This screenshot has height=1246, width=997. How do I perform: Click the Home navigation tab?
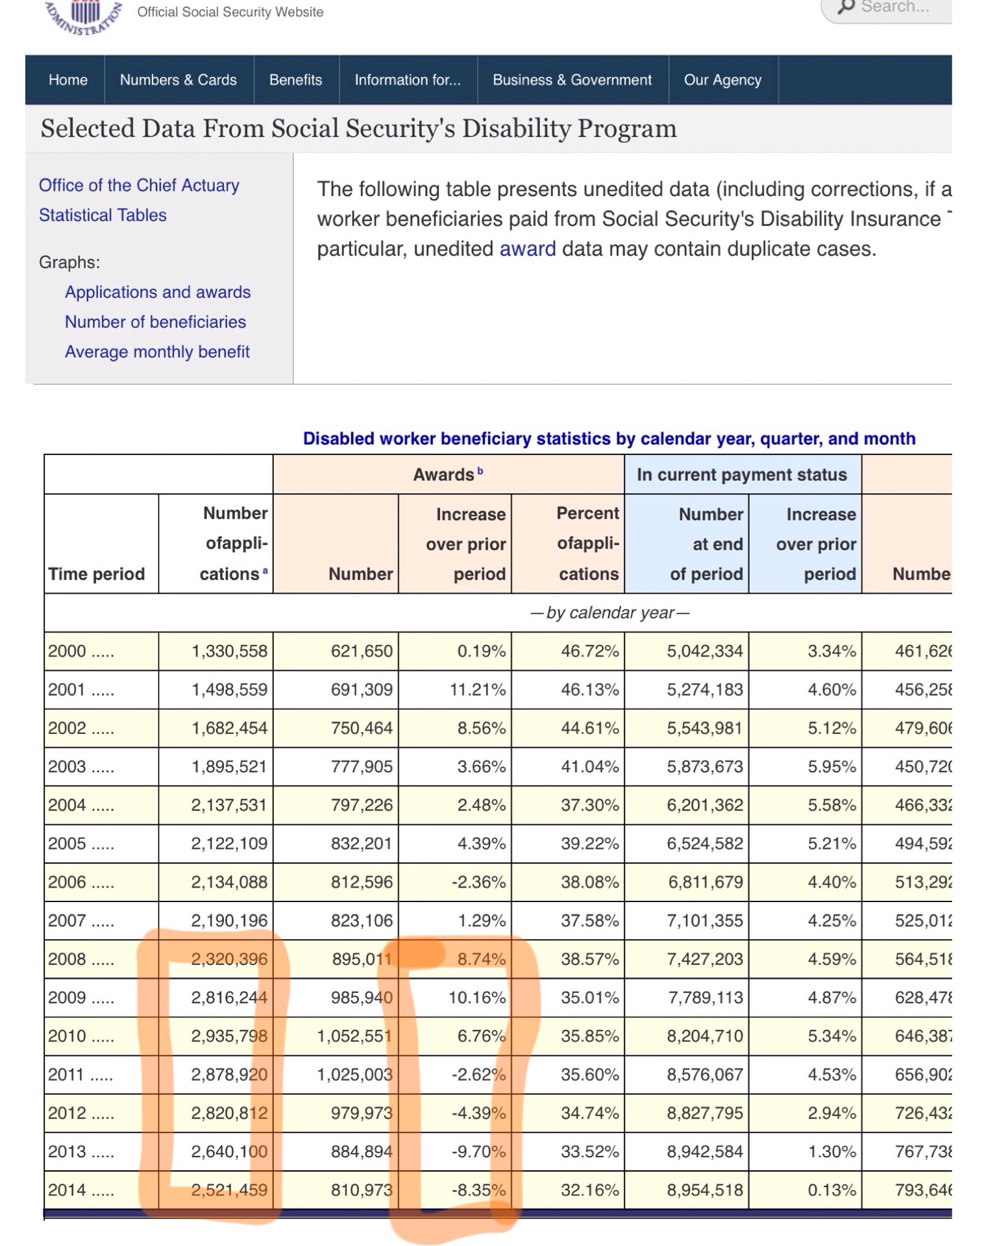click(x=68, y=80)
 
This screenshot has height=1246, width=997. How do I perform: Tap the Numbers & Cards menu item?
click(x=178, y=80)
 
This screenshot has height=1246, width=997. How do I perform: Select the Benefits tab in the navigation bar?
click(x=295, y=80)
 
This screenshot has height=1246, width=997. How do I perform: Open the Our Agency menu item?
click(x=722, y=80)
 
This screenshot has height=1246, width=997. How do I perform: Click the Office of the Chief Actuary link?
click(x=139, y=186)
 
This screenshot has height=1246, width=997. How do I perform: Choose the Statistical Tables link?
click(x=103, y=215)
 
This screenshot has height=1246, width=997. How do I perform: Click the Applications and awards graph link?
click(x=158, y=292)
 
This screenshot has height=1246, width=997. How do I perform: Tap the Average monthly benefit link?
click(x=157, y=352)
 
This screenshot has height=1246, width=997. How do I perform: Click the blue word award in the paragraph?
click(x=527, y=249)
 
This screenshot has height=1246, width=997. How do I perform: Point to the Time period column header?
click(x=96, y=574)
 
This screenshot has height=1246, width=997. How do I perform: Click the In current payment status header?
click(x=741, y=475)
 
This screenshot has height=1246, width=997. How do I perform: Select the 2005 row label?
click(x=67, y=844)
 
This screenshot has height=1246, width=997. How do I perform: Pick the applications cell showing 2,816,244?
click(x=228, y=997)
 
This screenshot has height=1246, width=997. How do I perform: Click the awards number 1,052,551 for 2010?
click(x=354, y=1036)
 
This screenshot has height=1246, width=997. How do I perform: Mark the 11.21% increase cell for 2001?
click(x=477, y=690)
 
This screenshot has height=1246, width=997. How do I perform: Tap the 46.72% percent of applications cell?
click(x=589, y=652)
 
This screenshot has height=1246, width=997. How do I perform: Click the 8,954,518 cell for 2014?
click(x=704, y=1190)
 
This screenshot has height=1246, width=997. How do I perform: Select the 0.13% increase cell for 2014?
click(x=831, y=1190)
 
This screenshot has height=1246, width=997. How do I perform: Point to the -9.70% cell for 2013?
click(x=478, y=1152)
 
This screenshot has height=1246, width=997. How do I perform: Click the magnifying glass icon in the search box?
click(x=846, y=6)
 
